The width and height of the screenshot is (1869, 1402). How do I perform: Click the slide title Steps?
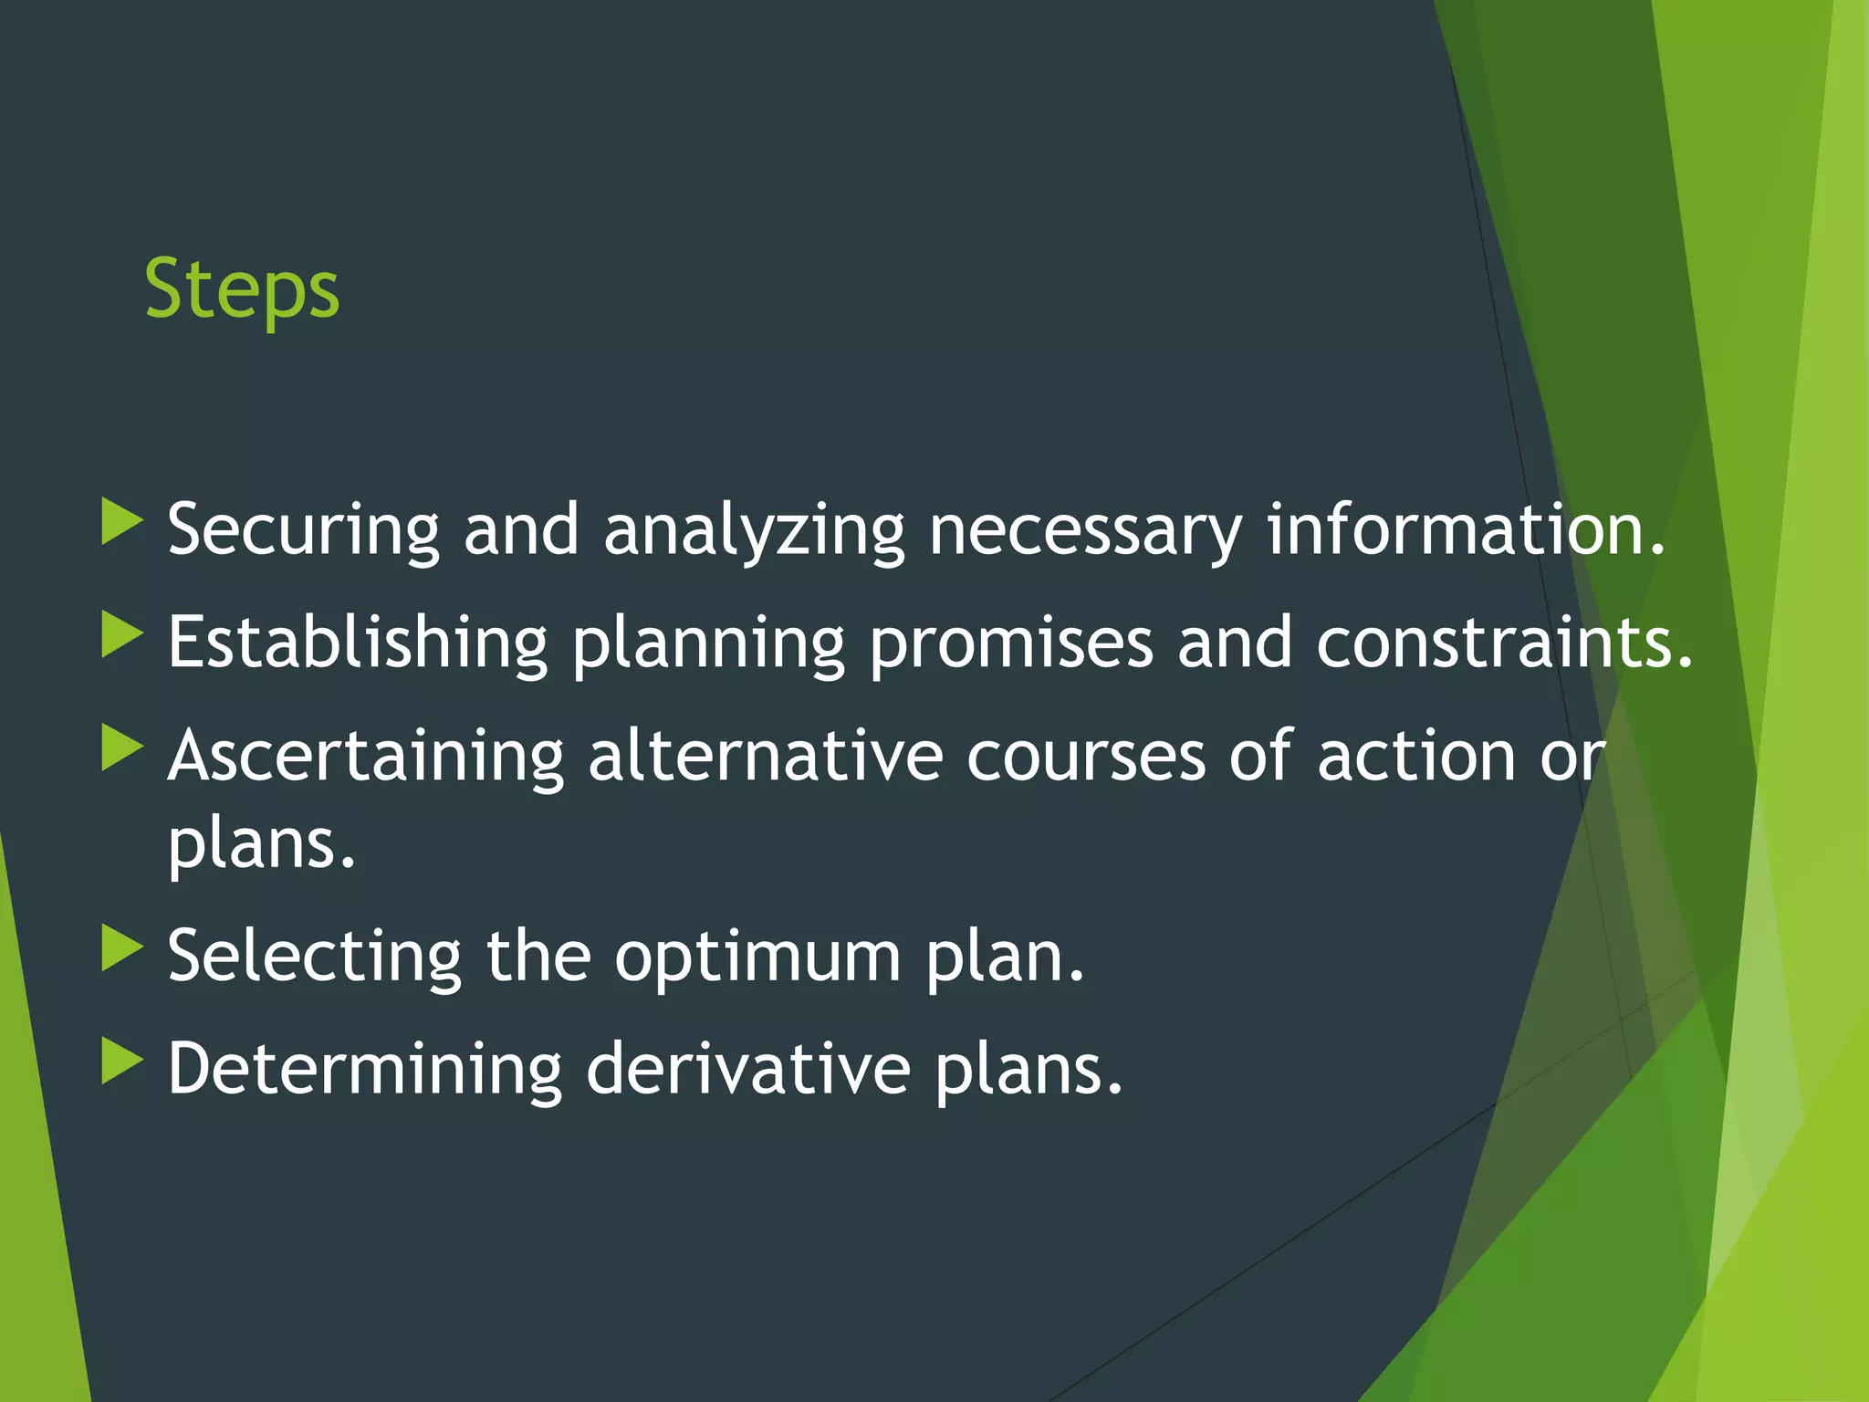tap(242, 289)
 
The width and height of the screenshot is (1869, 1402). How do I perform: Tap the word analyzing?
tap(754, 530)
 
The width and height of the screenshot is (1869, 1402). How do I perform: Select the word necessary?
tap(1085, 530)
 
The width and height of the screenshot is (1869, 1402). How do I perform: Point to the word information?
tap(1466, 528)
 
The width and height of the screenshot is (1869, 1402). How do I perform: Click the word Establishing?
tap(357, 643)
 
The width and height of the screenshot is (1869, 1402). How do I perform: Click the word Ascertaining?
tap(366, 757)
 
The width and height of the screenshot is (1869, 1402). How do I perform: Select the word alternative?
tap(765, 755)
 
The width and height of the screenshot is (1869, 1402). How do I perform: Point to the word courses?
tap(1086, 757)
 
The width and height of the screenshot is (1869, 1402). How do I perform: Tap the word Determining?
tap(365, 1069)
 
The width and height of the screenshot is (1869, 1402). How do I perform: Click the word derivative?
tap(747, 1067)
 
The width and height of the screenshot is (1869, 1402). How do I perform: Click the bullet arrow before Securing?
tap(121, 522)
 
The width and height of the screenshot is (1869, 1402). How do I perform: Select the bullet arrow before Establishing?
tap(121, 634)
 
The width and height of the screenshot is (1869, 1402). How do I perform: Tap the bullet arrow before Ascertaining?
tap(121, 748)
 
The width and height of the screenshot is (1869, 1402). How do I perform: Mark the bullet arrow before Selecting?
tap(121, 948)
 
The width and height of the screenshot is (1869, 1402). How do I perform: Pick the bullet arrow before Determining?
tap(121, 1061)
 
